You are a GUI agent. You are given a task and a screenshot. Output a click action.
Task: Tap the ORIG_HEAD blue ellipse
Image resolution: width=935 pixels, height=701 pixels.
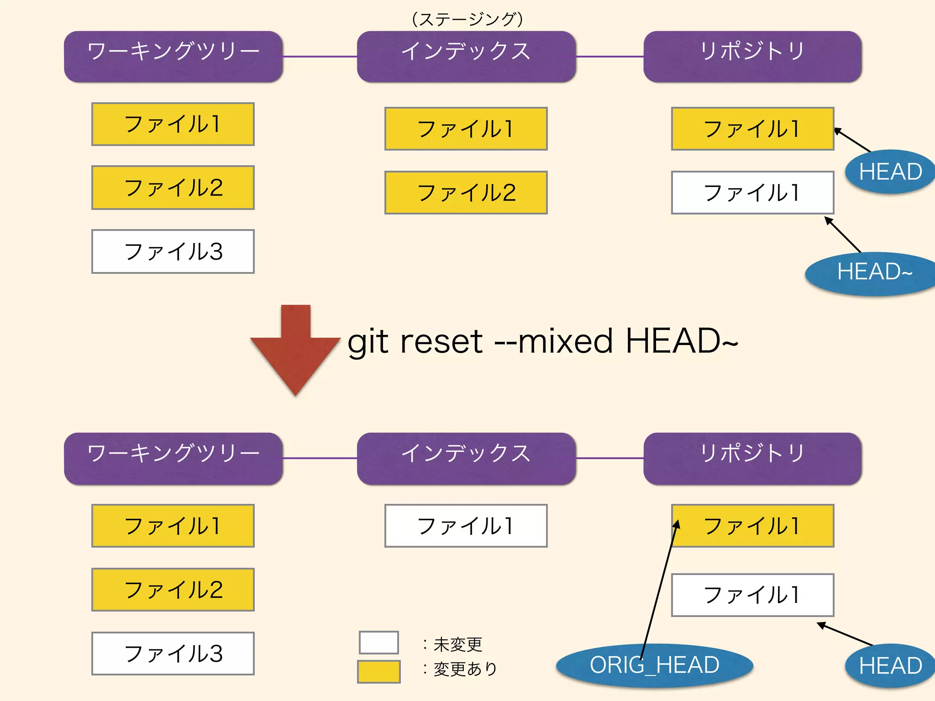(x=654, y=665)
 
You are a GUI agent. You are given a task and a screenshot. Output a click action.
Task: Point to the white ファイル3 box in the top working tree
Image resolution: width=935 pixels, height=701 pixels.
(x=173, y=251)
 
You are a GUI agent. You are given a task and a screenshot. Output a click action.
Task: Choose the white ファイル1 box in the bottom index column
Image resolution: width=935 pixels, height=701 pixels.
(x=466, y=526)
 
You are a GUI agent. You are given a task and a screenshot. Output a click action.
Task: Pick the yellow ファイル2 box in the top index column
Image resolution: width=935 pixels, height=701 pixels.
(x=466, y=193)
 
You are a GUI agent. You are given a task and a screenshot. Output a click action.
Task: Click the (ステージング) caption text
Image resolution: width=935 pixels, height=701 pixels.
(x=467, y=19)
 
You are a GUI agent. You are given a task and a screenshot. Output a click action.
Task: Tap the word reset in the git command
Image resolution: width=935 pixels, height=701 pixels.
(x=441, y=341)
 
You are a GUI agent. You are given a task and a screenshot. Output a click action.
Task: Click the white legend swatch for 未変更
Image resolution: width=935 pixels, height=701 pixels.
(x=378, y=643)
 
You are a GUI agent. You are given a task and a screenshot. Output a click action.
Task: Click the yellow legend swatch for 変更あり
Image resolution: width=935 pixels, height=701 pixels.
(x=378, y=672)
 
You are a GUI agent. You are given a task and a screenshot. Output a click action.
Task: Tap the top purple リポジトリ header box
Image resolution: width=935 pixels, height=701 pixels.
(x=752, y=57)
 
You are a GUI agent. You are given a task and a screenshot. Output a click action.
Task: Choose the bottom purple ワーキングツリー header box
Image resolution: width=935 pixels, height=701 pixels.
(x=173, y=458)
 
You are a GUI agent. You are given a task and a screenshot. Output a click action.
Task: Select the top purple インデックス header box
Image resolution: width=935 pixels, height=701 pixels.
(x=466, y=57)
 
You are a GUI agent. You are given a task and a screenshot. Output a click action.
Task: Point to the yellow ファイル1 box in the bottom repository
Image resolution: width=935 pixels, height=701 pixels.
(x=752, y=526)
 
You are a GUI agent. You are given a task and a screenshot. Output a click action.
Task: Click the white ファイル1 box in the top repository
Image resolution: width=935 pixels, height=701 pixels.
(x=752, y=193)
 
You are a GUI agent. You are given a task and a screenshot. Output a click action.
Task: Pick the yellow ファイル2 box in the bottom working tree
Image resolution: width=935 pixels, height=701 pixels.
(x=173, y=590)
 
